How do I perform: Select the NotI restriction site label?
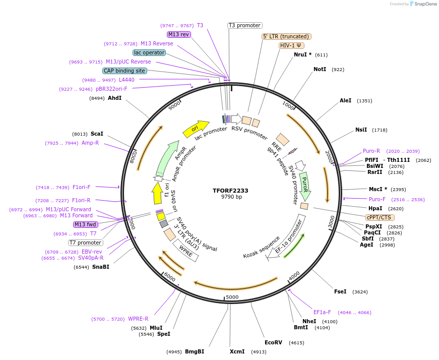320,69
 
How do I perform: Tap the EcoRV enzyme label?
274,342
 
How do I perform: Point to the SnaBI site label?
100,267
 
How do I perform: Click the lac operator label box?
149,52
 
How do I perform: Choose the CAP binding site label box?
124,71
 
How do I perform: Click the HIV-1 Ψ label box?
291,45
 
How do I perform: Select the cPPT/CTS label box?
379,217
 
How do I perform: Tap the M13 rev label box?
178,34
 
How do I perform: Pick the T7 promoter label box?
86,243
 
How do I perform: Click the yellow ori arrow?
196,129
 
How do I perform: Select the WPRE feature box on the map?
185,250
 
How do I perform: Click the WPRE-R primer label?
138,319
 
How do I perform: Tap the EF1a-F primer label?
322,312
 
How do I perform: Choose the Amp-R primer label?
90,143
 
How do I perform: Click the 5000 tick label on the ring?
232,297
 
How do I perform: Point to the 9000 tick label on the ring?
174,106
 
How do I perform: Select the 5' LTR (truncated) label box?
286,36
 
